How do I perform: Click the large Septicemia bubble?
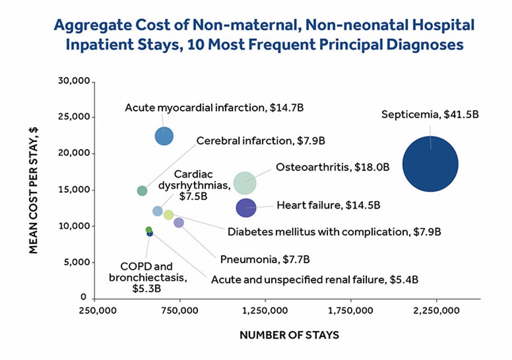coord(430,164)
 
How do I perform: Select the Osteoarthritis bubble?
coord(245,183)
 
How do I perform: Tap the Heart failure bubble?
coord(246,208)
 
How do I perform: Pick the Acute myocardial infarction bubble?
coord(164,136)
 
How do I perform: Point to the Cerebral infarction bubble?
coord(142,191)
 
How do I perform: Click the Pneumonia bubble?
coord(178,223)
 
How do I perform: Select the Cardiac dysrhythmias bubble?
coord(158,211)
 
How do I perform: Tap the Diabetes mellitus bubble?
coord(168,214)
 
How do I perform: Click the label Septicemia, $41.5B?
coord(430,115)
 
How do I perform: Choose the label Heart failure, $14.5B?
coord(328,205)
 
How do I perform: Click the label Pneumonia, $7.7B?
coord(264,259)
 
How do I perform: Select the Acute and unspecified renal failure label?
coord(315,280)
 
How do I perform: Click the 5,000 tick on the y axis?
coord(77,262)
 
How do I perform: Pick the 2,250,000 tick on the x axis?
coord(436,310)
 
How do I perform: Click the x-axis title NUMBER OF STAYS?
coord(289,335)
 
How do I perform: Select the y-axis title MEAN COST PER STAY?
coord(34,190)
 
